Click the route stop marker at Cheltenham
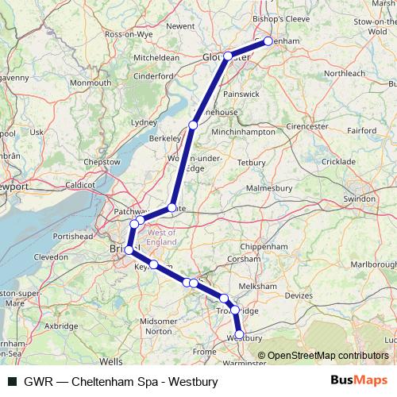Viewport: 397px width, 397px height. [268, 40]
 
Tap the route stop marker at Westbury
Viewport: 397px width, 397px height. [239, 335]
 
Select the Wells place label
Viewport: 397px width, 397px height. [111, 360]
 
